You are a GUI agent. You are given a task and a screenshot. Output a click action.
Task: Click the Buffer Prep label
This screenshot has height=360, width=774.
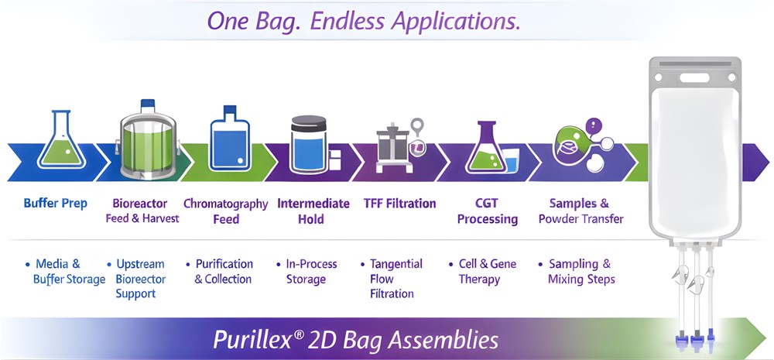click(56, 204)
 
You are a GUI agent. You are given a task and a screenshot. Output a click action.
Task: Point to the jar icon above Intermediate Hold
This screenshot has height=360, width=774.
click(309, 144)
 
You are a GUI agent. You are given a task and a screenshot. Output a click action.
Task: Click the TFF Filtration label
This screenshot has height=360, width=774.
click(400, 204)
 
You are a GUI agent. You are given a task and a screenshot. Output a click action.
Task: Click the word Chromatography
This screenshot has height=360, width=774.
click(225, 204)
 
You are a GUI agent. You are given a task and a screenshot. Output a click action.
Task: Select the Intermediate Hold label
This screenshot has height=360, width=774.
click(313, 211)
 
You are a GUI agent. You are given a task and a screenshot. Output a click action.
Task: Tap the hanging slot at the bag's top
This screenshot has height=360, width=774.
click(694, 77)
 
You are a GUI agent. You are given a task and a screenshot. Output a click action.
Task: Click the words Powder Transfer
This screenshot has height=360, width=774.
click(581, 218)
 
